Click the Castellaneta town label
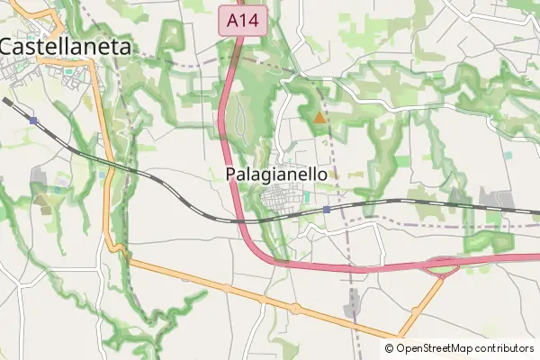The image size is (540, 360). (x=65, y=46)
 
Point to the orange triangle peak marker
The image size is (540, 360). (x=319, y=116)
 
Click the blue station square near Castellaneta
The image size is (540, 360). (x=33, y=120)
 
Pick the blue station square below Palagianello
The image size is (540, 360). (x=327, y=209)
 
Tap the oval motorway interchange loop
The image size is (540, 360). (x=442, y=265)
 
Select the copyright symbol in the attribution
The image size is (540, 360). (x=390, y=348)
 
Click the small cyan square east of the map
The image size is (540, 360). (x=508, y=155)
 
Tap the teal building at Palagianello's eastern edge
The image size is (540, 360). (x=307, y=196)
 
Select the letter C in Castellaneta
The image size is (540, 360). (x=8, y=46)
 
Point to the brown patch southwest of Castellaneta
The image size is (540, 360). (x=42, y=200)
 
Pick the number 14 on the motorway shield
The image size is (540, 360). (x=250, y=19)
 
